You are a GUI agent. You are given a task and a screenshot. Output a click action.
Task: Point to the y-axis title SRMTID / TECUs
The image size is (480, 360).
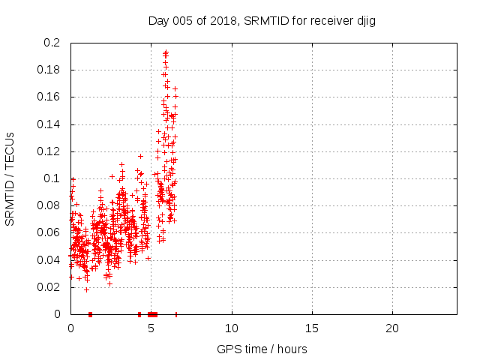(10, 178)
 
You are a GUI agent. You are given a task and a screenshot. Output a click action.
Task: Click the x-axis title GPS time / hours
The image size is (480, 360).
(262, 349)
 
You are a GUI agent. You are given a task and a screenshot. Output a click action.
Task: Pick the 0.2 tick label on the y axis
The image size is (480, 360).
(53, 43)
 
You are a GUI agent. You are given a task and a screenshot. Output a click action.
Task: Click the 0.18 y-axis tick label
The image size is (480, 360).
(50, 70)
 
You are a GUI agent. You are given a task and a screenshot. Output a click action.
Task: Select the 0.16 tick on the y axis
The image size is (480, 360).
(50, 97)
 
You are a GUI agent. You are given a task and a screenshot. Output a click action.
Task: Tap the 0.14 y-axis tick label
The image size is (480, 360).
(50, 124)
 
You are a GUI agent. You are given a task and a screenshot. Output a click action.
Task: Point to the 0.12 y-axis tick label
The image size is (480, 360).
(50, 151)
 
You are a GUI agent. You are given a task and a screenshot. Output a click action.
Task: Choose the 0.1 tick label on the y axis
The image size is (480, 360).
(53, 178)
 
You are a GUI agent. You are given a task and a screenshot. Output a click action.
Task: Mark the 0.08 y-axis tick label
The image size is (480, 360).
(50, 205)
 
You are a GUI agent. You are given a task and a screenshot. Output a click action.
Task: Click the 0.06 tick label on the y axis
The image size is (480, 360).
(50, 232)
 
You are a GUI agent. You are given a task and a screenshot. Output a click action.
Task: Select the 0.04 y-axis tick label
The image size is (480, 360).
(50, 260)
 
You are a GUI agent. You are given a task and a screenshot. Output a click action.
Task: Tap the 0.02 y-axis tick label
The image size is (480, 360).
(50, 287)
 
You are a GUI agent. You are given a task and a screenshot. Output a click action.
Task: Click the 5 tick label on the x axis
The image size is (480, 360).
(151, 328)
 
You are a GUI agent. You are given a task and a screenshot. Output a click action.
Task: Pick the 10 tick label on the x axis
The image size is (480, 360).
(232, 328)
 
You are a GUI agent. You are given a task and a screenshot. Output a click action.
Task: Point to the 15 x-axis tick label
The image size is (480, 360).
(312, 328)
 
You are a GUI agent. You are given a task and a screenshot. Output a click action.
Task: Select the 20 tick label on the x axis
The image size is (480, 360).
(392, 328)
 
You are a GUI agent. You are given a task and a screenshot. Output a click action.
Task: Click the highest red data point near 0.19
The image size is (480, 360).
(166, 52)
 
